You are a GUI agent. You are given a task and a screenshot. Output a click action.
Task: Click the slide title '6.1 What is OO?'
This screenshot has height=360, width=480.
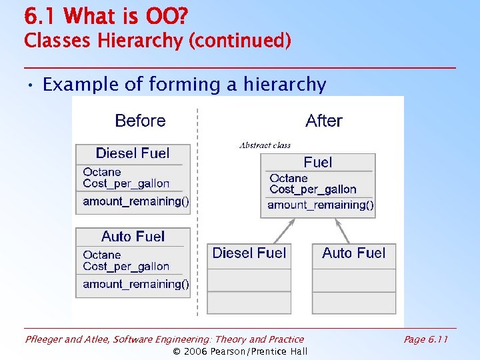106,15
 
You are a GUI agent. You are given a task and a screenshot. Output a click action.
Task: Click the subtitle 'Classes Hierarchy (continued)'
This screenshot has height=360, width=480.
157,41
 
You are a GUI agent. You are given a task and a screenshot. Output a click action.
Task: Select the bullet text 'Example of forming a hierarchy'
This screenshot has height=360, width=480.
184,85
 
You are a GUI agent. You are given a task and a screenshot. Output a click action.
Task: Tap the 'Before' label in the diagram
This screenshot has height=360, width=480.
140,121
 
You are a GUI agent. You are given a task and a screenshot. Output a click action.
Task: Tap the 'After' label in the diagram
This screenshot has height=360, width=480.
323,121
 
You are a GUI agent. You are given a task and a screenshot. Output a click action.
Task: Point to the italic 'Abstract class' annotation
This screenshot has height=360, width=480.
265,145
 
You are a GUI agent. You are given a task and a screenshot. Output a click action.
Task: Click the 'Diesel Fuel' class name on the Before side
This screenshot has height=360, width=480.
133,153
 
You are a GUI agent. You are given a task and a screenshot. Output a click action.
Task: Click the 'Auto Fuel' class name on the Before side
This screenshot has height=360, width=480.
133,237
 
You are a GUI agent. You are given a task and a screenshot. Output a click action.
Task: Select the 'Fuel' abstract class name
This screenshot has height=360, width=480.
317,162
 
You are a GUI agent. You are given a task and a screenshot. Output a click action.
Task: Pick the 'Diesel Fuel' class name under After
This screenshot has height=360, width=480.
249,253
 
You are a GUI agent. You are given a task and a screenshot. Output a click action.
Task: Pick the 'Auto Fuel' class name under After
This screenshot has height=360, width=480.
353,253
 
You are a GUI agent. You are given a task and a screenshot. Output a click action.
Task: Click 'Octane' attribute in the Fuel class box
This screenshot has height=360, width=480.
289,178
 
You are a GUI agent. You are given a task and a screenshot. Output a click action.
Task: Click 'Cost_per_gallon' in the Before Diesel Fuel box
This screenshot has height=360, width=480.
126,183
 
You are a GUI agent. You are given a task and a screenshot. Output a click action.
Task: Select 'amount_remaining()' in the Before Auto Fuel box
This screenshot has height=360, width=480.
136,284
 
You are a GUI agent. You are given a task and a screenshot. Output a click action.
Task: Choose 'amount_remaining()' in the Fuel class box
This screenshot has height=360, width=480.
321,205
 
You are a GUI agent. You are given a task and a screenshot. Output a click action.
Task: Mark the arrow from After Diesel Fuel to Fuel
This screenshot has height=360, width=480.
284,231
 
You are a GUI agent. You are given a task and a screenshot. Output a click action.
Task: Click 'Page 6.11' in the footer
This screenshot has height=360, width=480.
425,339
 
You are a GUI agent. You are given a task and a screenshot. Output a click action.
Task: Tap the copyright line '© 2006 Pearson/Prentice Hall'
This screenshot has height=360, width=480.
240,351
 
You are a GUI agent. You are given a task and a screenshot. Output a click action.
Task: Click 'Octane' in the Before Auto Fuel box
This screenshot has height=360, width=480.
102,255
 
